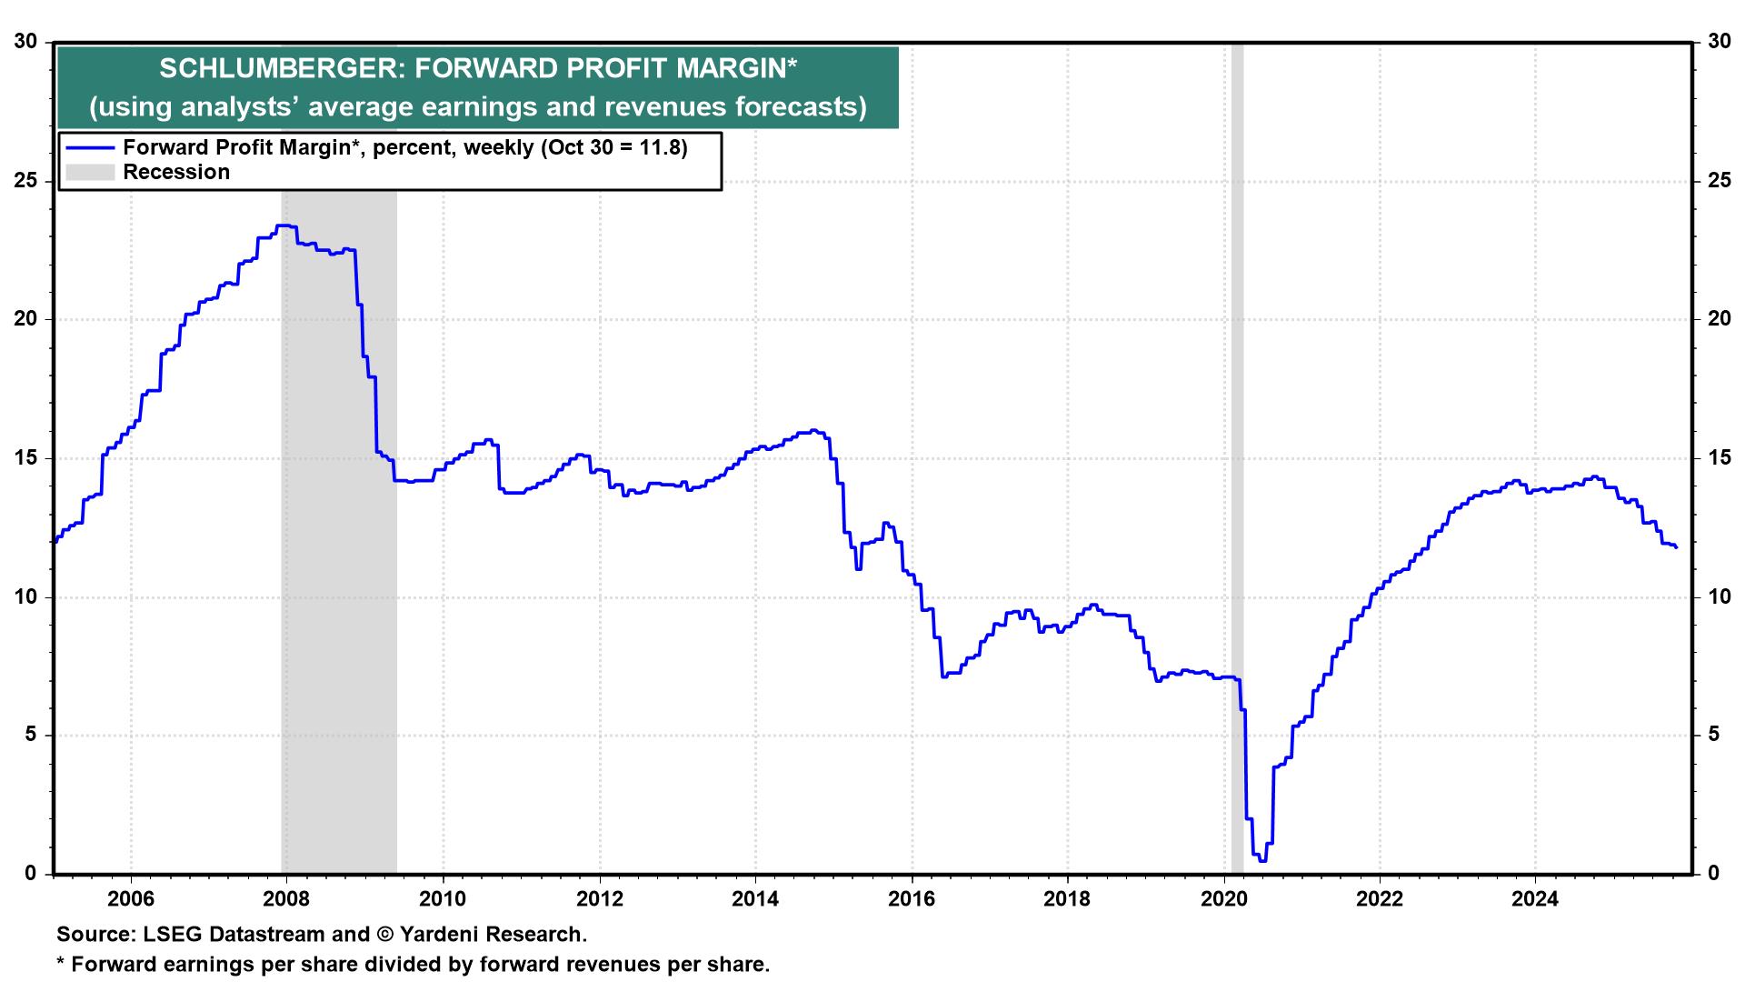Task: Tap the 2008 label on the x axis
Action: [x=287, y=899]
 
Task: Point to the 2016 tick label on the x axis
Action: [x=912, y=899]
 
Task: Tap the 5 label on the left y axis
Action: [x=31, y=735]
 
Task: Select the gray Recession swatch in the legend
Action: [x=89, y=172]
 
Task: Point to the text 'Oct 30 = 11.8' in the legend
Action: [x=613, y=148]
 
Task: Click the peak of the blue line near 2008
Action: [x=284, y=225]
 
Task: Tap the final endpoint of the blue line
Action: [x=1676, y=546]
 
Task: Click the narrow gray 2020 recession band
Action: [x=1237, y=455]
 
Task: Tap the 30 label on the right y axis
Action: [x=1718, y=42]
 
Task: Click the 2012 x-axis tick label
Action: [x=600, y=899]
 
